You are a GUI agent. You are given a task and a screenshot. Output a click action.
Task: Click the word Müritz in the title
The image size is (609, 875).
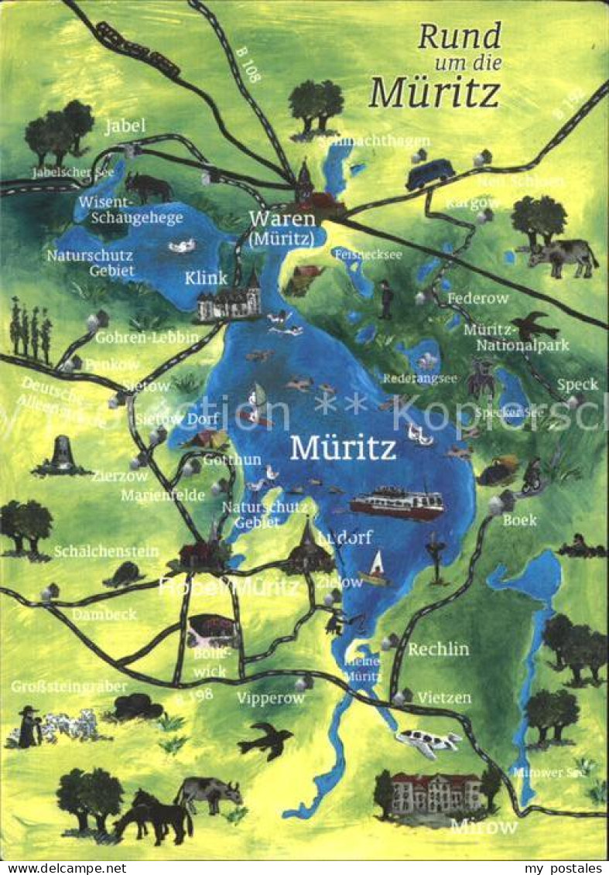[435, 91]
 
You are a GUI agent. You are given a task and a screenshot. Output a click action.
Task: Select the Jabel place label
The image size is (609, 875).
[125, 126]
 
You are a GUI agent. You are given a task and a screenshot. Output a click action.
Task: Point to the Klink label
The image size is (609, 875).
[206, 278]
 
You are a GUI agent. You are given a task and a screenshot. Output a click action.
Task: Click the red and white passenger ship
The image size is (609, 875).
[397, 503]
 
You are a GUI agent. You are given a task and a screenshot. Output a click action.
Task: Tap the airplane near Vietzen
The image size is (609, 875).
[427, 743]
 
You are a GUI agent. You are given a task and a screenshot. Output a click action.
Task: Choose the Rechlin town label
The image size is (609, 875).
[439, 649]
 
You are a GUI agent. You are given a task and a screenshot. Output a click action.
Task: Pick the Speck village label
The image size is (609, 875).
[577, 385]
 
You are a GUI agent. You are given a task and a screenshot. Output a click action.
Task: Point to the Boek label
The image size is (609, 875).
[519, 520]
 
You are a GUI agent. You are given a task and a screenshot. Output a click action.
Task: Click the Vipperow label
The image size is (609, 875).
[271, 698]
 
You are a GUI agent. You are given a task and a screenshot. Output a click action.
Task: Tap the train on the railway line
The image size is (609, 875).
[136, 49]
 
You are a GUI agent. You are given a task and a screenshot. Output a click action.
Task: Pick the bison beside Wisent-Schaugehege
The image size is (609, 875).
[149, 186]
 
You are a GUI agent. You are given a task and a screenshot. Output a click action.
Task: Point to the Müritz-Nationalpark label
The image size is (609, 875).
[516, 337]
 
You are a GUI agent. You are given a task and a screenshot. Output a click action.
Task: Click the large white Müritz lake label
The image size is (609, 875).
[342, 448]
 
